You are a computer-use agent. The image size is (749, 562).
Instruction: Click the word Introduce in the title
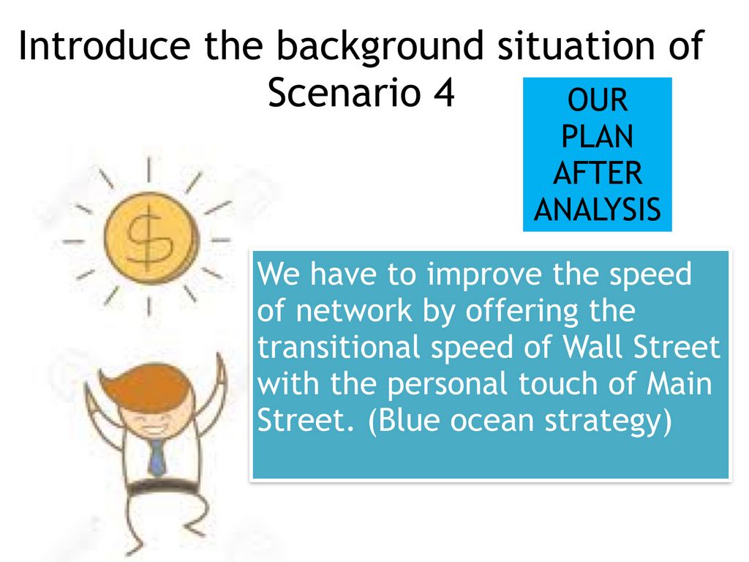click(104, 45)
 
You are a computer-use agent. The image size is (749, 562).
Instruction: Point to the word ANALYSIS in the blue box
click(597, 209)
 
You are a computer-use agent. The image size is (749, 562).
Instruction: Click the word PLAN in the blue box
click(597, 136)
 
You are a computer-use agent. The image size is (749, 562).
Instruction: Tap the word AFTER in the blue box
click(597, 173)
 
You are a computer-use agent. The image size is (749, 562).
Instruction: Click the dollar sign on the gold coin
click(148, 237)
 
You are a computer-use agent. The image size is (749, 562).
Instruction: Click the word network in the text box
click(354, 310)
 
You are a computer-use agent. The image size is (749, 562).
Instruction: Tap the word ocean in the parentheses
click(492, 421)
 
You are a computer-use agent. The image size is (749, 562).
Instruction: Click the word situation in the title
click(576, 45)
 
